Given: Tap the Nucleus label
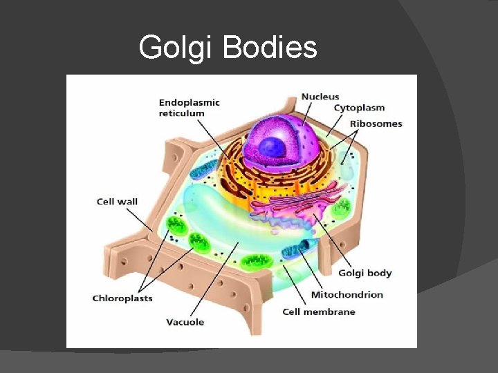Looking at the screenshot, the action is pyautogui.click(x=320, y=96).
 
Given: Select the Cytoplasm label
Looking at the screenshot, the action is pyautogui.click(x=359, y=108).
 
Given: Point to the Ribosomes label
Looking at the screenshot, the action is pyautogui.click(x=376, y=124).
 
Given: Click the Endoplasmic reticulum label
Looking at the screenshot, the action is pyautogui.click(x=189, y=108).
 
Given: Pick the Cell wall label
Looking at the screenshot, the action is pyautogui.click(x=117, y=202).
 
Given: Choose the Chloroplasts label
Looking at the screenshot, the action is pyautogui.click(x=122, y=298).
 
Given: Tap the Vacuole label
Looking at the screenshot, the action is pyautogui.click(x=185, y=322).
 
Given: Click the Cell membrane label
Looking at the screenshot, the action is pyautogui.click(x=319, y=312).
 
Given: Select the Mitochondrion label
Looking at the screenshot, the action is pyautogui.click(x=347, y=294).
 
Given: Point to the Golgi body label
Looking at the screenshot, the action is pyautogui.click(x=365, y=273).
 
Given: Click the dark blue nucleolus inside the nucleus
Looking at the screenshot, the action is pyautogui.click(x=272, y=147).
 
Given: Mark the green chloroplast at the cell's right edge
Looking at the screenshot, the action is pyautogui.click(x=342, y=208).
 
